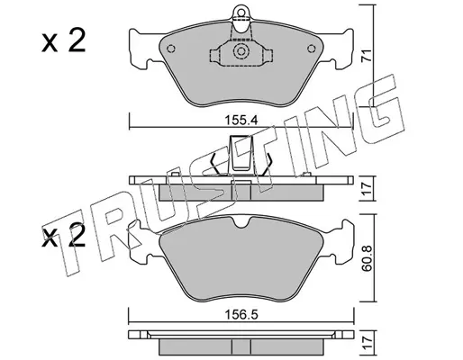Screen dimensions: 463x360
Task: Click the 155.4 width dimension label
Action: pos(241,121)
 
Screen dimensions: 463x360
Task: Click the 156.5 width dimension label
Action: pos(241,315)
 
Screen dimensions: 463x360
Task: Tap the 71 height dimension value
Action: pos(367,55)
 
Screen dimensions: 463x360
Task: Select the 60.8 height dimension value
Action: pos(367,258)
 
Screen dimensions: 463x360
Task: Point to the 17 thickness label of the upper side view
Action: pos(367,188)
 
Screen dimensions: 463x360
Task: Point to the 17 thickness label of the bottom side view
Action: pos(367,343)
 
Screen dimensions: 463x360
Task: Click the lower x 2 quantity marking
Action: pos(63,236)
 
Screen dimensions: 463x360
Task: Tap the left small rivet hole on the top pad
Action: pos(171,49)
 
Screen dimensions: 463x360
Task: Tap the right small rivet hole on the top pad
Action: pos(312,49)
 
